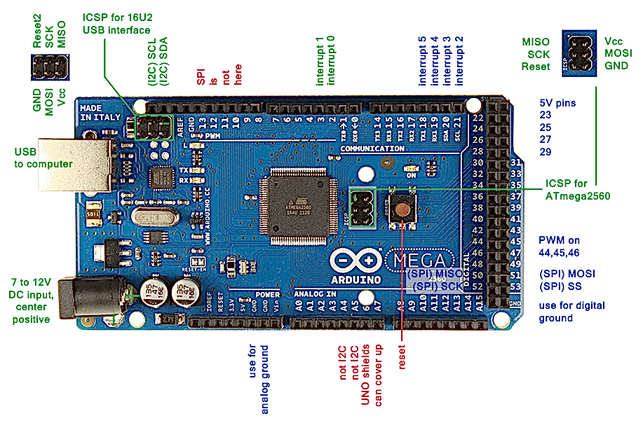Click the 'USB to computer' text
[43, 158]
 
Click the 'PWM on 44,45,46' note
[568, 245]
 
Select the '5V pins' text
[558, 103]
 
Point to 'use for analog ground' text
[259, 378]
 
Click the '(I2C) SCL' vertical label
[151, 67]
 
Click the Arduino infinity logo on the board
[358, 262]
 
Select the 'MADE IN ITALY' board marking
[96, 113]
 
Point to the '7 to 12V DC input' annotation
[30, 300]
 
